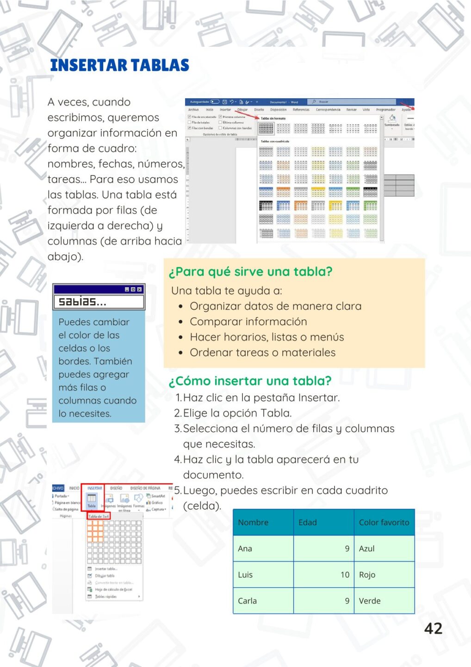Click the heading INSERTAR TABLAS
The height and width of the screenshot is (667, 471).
(x=119, y=65)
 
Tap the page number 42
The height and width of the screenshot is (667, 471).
(x=433, y=628)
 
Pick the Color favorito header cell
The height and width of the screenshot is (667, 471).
(x=384, y=522)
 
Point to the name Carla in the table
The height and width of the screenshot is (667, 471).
(x=247, y=601)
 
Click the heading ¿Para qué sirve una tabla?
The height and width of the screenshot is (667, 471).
(x=250, y=271)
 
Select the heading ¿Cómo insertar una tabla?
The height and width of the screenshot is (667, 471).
(x=250, y=381)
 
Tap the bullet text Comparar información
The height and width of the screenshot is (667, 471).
(x=248, y=321)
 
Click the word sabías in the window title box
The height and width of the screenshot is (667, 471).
(x=82, y=302)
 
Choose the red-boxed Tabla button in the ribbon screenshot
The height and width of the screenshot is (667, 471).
(x=92, y=501)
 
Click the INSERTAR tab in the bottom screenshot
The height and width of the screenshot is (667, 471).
(x=94, y=488)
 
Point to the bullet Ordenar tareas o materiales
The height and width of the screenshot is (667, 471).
(x=263, y=352)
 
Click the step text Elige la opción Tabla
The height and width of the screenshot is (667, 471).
(x=237, y=413)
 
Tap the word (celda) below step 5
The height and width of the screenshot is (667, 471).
(x=202, y=505)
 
